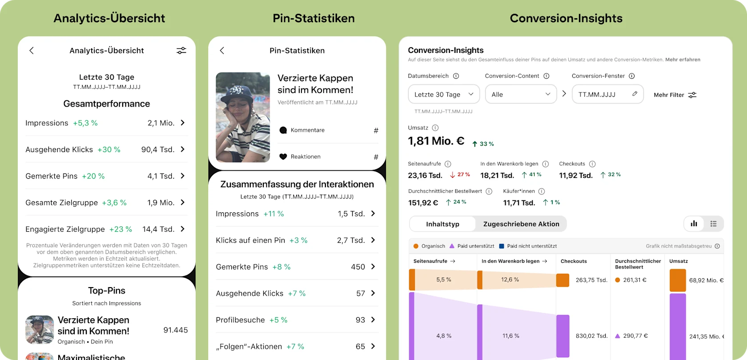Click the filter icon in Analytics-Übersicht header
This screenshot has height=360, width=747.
(x=181, y=51)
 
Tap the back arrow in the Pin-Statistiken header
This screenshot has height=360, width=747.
(x=222, y=51)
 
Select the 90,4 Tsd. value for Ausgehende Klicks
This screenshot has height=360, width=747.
(x=158, y=150)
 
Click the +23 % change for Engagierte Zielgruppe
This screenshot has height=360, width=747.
(x=120, y=229)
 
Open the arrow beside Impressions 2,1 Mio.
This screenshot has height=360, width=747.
(x=183, y=123)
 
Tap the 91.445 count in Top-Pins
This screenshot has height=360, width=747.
(x=176, y=330)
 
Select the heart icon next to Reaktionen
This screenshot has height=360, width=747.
(x=283, y=156)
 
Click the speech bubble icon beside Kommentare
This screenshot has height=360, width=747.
(x=283, y=130)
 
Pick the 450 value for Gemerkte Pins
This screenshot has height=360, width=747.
(x=358, y=267)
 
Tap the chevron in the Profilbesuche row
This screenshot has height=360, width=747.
(x=373, y=320)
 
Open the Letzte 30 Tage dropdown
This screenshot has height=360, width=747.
(x=444, y=94)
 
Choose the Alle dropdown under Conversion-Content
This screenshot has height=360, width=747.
(x=521, y=94)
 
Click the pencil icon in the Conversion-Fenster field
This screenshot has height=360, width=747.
(x=635, y=94)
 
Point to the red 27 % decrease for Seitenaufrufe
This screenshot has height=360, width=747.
(x=460, y=175)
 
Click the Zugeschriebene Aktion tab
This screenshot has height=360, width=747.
(x=521, y=224)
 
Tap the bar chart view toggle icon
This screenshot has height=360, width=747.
(x=694, y=224)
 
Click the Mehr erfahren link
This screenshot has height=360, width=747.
(x=683, y=60)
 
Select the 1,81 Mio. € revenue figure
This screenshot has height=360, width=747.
(x=436, y=141)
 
